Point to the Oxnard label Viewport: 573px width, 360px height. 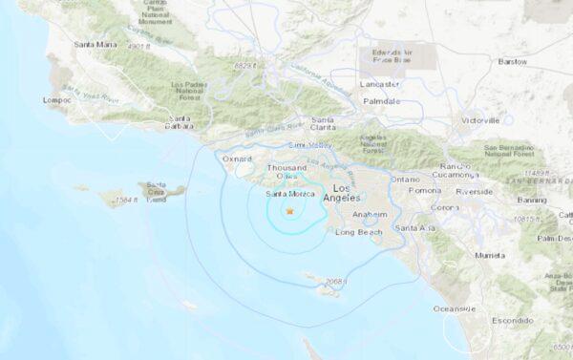(237, 159)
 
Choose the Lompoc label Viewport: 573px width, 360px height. (57, 98)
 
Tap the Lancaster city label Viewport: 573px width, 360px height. (382, 84)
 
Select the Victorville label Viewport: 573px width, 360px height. (480, 121)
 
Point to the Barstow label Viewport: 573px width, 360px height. (540, 61)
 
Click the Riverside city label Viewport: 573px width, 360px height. (475, 191)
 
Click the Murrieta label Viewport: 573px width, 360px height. (491, 256)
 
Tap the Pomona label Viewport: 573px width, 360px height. (425, 191)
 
